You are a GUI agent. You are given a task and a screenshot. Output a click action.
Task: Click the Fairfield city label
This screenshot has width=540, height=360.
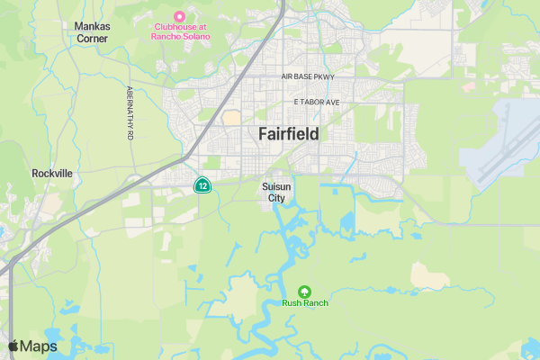pos(288,134)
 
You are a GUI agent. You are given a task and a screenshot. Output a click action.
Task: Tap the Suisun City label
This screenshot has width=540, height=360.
pos(276,192)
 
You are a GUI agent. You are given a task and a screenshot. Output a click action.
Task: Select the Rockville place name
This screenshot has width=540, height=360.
pos(51,173)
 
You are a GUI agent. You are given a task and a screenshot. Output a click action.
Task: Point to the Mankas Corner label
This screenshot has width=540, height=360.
pos(92,32)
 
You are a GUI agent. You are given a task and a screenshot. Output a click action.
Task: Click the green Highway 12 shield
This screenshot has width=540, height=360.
pos(203,186)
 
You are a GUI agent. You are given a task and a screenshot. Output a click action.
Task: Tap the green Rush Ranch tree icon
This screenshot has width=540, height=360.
pos(304,291)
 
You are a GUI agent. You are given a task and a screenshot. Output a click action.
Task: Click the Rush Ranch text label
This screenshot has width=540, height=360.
pos(305,303)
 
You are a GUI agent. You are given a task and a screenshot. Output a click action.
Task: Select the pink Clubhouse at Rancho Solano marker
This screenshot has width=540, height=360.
pos(179,16)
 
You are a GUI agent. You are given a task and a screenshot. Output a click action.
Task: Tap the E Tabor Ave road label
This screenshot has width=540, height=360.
pos(310,103)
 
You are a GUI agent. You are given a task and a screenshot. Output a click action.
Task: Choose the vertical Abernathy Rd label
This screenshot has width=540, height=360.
pos(130,112)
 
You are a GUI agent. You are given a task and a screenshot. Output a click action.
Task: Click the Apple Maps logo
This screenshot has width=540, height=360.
pos(32,346)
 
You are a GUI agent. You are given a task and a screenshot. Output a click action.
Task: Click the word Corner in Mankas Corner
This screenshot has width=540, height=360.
pos(92,39)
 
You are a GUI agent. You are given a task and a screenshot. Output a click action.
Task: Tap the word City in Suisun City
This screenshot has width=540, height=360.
pos(276,198)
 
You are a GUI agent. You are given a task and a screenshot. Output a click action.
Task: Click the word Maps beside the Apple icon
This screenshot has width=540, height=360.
pos(40,346)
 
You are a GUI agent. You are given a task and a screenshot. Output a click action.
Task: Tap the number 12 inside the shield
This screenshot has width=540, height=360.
pos(203,186)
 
